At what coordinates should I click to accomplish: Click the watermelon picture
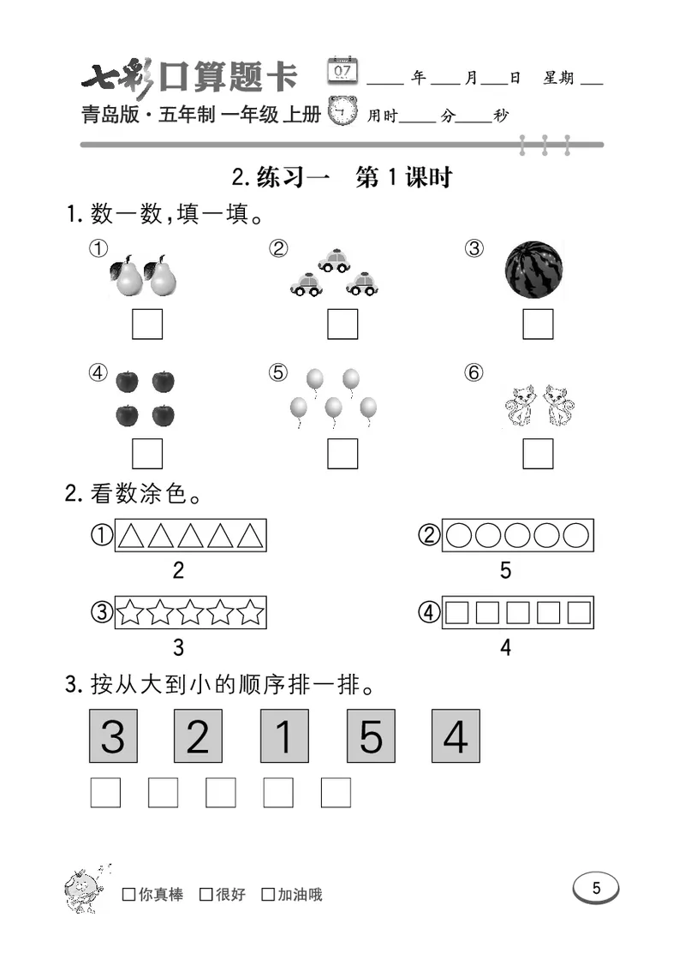click(534, 270)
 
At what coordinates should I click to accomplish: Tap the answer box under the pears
click(147, 324)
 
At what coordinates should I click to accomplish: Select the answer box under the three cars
click(342, 324)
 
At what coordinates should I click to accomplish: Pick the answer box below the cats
click(538, 453)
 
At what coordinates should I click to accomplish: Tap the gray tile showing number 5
click(370, 735)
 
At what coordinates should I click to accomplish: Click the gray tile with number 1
click(284, 735)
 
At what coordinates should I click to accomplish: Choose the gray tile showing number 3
click(113, 735)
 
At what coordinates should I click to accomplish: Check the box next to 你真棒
click(128, 895)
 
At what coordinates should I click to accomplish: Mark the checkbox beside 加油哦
click(268, 895)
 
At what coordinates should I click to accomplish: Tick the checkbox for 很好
click(205, 895)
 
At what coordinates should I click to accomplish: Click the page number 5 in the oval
click(596, 889)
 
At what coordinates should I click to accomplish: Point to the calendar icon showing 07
click(343, 70)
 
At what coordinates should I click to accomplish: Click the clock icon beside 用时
click(344, 111)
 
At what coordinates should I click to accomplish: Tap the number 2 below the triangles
click(178, 570)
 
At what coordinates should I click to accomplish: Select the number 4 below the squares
click(505, 648)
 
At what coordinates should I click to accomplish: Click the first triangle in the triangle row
click(131, 536)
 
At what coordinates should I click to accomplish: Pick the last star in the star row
click(250, 613)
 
